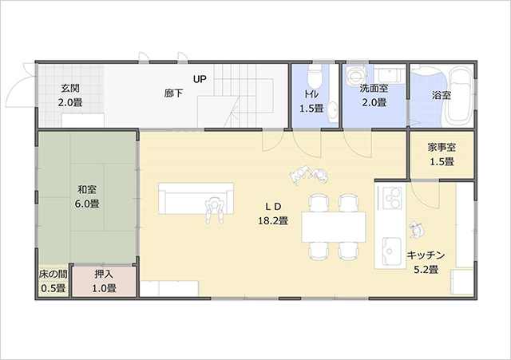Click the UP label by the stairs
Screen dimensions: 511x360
pyautogui.click(x=200, y=79)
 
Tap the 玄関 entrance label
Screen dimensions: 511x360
pyautogui.click(x=70, y=89)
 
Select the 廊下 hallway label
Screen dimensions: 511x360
pyautogui.click(x=173, y=94)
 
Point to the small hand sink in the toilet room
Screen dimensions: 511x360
pyautogui.click(x=333, y=111)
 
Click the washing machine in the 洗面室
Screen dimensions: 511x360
pyautogui.click(x=355, y=74)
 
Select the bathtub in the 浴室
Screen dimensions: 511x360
pyautogui.click(x=460, y=96)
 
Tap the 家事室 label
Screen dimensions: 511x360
pyautogui.click(x=442, y=148)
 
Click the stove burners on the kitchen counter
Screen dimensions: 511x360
pyautogui.click(x=392, y=197)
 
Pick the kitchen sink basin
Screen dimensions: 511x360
pyautogui.click(x=392, y=251)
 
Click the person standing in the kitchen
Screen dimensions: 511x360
pyautogui.click(x=416, y=230)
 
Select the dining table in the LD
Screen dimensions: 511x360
pyautogui.click(x=334, y=227)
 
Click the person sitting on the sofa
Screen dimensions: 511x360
pyautogui.click(x=215, y=210)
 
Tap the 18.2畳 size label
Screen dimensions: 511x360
pyautogui.click(x=273, y=221)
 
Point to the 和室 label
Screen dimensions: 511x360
pyautogui.click(x=87, y=189)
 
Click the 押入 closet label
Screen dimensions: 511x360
pyautogui.click(x=104, y=275)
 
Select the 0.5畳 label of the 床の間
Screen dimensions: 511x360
pyautogui.click(x=53, y=288)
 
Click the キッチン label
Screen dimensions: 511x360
pyautogui.click(x=426, y=255)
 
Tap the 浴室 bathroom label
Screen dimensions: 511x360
pyautogui.click(x=442, y=95)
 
